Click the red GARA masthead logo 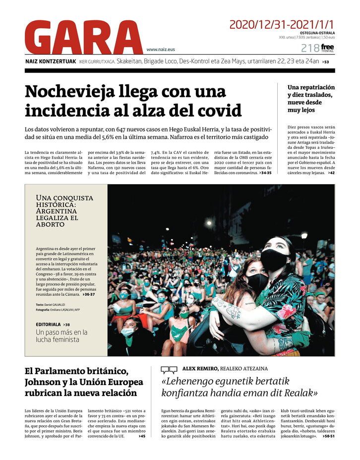(x=83, y=37)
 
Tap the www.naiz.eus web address (x=160, y=50)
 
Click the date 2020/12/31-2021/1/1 (x=282, y=24)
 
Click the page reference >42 (x=331, y=173)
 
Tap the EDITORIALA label (x=48, y=324)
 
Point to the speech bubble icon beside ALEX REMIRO (x=169, y=370)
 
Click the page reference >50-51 (x=328, y=436)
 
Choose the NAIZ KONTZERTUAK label (x=51, y=62)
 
